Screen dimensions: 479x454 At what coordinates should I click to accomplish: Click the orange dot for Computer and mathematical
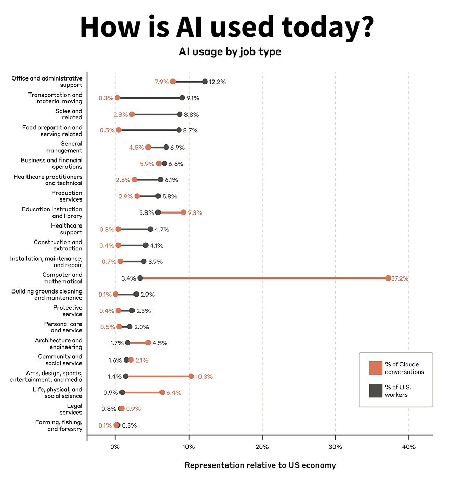(x=388, y=278)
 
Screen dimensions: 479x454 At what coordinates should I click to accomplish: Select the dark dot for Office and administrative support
(x=205, y=82)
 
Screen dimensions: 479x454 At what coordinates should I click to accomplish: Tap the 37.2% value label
(x=400, y=278)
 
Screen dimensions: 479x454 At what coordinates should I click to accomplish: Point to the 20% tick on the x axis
(x=262, y=447)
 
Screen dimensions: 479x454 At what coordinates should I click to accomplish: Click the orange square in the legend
(x=376, y=367)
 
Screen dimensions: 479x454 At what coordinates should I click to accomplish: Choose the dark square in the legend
(x=376, y=390)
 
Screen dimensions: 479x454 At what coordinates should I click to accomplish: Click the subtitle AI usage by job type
(x=230, y=52)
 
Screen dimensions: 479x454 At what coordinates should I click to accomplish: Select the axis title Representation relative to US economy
(x=260, y=465)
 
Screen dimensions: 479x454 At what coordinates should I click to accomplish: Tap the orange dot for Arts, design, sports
(x=191, y=376)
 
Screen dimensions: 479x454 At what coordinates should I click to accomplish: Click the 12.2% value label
(x=217, y=82)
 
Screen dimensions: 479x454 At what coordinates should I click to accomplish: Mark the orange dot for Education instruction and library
(x=183, y=212)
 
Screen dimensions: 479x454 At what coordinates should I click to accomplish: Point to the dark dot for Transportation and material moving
(x=182, y=98)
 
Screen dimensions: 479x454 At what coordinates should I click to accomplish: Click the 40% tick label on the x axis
(x=409, y=447)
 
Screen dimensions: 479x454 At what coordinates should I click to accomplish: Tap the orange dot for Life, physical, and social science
(x=162, y=392)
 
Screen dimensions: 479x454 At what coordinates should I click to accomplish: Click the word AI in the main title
(x=211, y=27)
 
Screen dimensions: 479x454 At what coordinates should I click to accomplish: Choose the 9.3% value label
(x=195, y=213)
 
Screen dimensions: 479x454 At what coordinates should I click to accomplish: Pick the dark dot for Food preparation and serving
(x=179, y=130)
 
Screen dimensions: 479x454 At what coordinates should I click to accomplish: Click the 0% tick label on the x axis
(x=115, y=447)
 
